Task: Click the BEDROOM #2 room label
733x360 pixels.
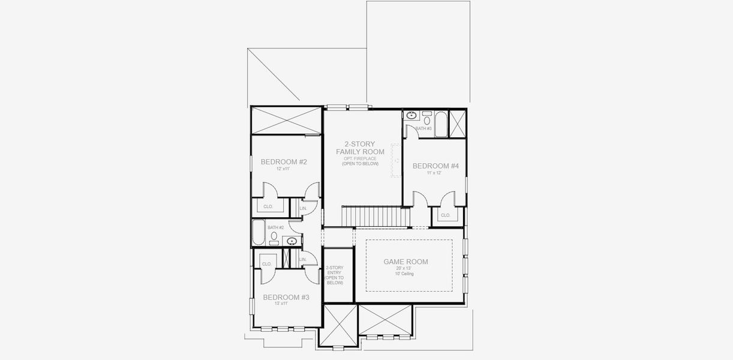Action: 284,162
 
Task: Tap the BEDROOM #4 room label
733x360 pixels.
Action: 435,166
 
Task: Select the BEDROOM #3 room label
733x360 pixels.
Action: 286,297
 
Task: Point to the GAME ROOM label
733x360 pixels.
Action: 405,262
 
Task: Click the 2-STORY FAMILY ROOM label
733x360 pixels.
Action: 360,148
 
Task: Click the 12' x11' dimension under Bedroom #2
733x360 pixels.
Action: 283,169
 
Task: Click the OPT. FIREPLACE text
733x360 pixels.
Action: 360,158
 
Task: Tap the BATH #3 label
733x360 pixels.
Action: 423,128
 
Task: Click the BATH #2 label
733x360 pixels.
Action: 275,227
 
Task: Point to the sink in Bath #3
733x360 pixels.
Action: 412,115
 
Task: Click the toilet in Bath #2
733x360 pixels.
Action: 274,238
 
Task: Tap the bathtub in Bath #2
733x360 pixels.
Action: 258,233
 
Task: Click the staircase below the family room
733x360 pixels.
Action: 372,215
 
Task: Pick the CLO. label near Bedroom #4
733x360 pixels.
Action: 445,215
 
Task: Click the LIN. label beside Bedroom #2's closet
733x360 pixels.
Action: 303,208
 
